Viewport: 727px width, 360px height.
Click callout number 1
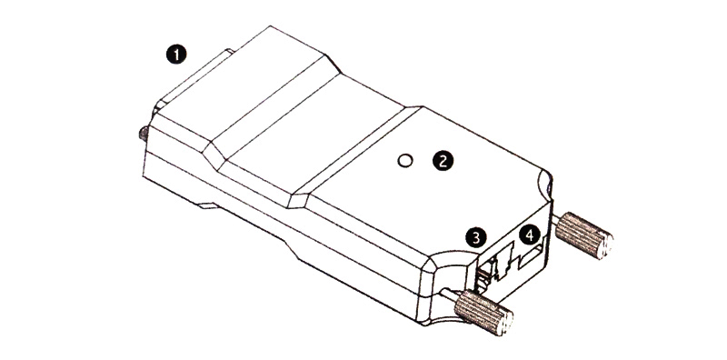(x=176, y=55)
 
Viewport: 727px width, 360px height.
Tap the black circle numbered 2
(x=443, y=161)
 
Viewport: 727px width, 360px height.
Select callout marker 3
(x=476, y=237)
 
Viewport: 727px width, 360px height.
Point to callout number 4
(x=530, y=235)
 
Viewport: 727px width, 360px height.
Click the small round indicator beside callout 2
(x=405, y=161)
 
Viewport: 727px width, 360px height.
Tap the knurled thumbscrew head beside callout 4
(x=584, y=235)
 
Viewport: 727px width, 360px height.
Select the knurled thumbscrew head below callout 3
(x=483, y=313)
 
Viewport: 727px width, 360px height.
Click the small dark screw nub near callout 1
(x=144, y=135)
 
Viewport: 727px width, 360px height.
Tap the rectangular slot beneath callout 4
(x=530, y=258)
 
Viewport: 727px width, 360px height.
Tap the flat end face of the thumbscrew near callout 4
(x=605, y=245)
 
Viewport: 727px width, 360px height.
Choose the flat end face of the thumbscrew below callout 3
(x=506, y=324)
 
